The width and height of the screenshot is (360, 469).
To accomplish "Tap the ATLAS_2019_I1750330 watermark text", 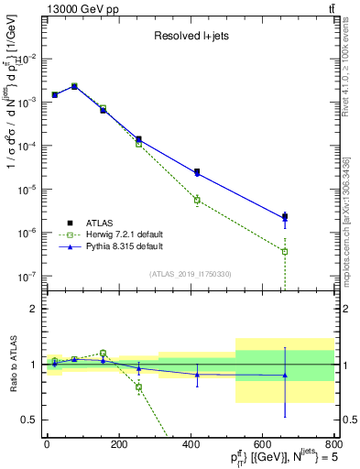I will click(x=190, y=273).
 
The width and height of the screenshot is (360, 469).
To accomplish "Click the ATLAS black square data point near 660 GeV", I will click(x=285, y=217).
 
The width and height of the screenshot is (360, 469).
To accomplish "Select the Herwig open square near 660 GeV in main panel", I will click(x=285, y=251).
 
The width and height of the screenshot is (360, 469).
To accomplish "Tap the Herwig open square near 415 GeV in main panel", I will click(x=197, y=200).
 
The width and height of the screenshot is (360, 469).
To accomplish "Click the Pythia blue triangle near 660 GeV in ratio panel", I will click(x=285, y=375).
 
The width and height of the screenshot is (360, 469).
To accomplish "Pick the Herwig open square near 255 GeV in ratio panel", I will click(x=139, y=387).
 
